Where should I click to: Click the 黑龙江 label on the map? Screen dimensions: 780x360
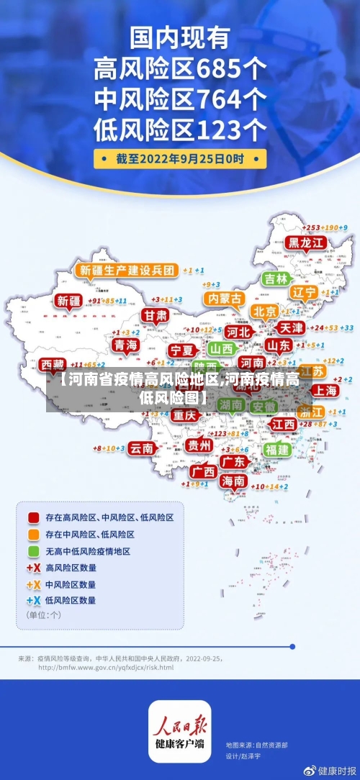click(x=306, y=242)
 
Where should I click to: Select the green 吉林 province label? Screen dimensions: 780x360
click(x=276, y=278)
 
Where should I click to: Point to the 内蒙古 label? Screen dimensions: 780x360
click(x=224, y=298)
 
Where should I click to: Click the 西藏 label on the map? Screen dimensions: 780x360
click(x=52, y=364)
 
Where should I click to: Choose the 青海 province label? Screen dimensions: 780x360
click(x=125, y=345)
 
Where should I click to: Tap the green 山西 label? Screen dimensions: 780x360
click(x=221, y=348)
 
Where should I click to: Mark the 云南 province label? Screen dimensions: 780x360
click(x=142, y=448)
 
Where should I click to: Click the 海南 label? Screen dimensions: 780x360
click(x=233, y=481)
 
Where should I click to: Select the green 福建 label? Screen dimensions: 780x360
click(x=276, y=450)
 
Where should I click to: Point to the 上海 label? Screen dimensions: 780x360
click(x=325, y=390)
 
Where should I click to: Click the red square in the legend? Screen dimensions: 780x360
click(x=33, y=517)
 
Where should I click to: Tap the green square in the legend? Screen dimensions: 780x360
click(x=33, y=551)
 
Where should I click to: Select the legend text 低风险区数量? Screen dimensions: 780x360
click(x=71, y=599)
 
